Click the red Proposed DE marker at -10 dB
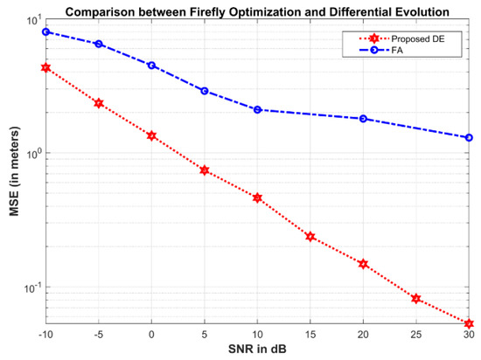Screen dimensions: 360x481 45,67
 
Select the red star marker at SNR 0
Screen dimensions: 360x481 151,135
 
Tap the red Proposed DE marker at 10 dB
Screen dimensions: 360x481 257,197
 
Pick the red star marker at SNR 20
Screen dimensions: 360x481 363,264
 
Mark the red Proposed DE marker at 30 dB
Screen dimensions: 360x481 469,323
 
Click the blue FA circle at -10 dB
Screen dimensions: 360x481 45,31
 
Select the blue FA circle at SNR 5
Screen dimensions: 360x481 205,91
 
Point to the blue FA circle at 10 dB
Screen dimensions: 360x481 257,109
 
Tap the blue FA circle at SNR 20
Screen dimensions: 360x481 363,119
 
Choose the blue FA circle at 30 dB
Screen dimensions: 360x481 469,137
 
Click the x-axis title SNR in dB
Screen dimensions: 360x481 257,351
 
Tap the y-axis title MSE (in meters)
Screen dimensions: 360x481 10,173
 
